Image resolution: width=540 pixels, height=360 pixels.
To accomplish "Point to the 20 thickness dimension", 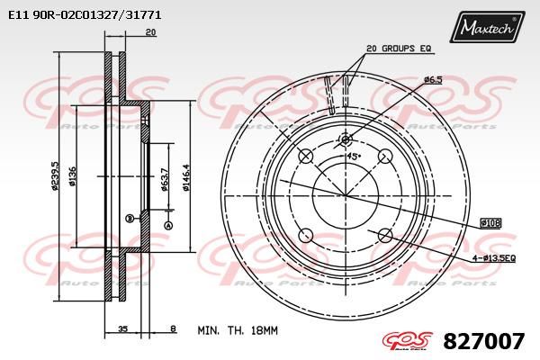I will (150, 32).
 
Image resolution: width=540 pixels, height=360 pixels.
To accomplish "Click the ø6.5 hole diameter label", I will (434, 79).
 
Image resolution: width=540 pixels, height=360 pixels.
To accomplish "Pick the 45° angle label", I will (354, 156).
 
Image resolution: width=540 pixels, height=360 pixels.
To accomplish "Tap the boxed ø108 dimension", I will (490, 221).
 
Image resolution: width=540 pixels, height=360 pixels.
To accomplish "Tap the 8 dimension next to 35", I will (173, 330).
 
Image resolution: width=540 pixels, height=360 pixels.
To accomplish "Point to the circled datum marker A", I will (168, 224).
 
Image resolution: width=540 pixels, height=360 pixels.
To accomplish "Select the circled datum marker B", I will (130, 218).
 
